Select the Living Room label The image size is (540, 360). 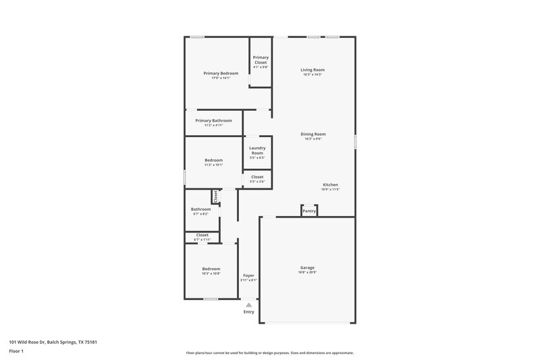pos(313,70)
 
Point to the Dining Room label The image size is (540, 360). pos(313,134)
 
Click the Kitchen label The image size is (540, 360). pos(330,184)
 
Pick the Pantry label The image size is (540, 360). pos(309,211)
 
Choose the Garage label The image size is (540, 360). pos(307,267)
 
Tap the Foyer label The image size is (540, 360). pos(248,276)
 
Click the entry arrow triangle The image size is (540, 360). pos(248,305)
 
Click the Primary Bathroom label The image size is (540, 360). pos(213,120)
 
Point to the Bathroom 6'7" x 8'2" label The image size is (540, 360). pos(201,209)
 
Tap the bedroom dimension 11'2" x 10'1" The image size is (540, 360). pos(213,165)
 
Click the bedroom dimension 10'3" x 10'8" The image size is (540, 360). pos(211,274)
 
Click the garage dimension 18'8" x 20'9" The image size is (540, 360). pos(307,272)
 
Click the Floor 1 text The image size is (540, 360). pos(16,352)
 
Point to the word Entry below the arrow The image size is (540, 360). pos(248,311)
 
